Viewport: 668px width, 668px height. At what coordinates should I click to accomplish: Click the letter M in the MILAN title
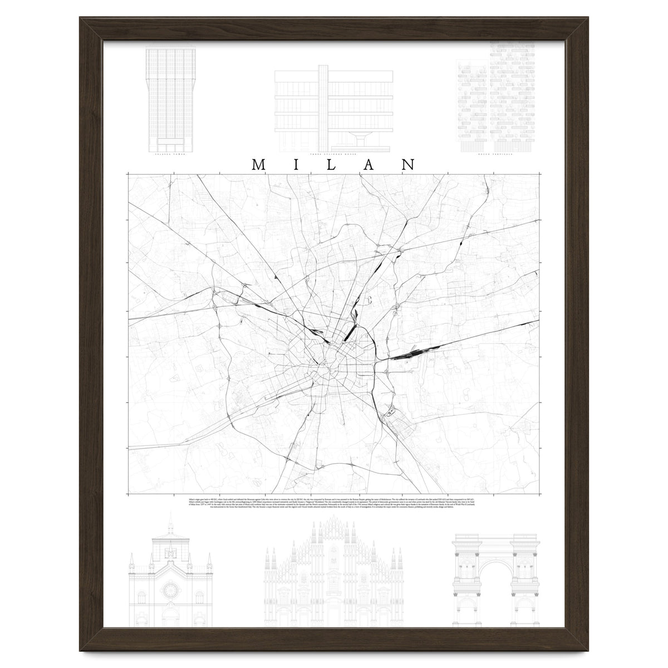tap(259, 165)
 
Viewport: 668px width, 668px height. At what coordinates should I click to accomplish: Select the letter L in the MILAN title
tap(335, 165)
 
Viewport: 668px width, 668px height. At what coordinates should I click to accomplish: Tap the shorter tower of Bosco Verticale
tap(471, 106)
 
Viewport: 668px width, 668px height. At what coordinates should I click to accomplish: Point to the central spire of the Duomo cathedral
tap(332, 520)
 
